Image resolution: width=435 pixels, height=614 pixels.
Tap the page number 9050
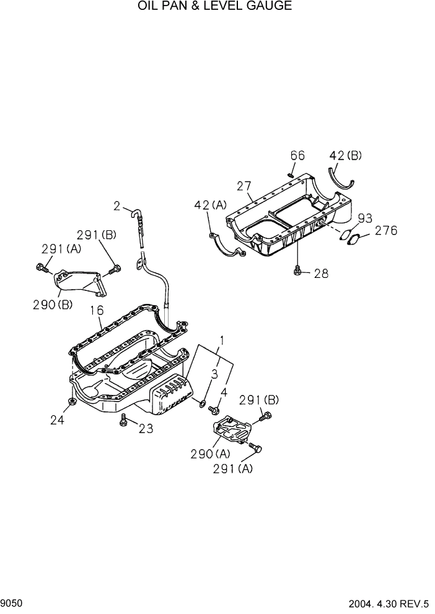[12, 603]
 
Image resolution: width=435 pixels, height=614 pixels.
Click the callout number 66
[297, 156]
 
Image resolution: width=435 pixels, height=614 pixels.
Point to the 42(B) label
[345, 156]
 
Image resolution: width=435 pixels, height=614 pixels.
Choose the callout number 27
[244, 186]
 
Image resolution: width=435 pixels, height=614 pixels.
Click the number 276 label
[385, 231]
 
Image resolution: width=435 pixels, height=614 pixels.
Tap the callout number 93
[366, 218]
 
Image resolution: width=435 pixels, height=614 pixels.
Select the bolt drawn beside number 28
[298, 270]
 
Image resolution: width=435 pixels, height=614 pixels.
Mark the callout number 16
[97, 310]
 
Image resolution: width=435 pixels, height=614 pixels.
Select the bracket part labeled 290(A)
[232, 428]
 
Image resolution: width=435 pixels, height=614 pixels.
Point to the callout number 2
[116, 205]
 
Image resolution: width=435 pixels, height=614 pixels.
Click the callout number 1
[221, 340]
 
